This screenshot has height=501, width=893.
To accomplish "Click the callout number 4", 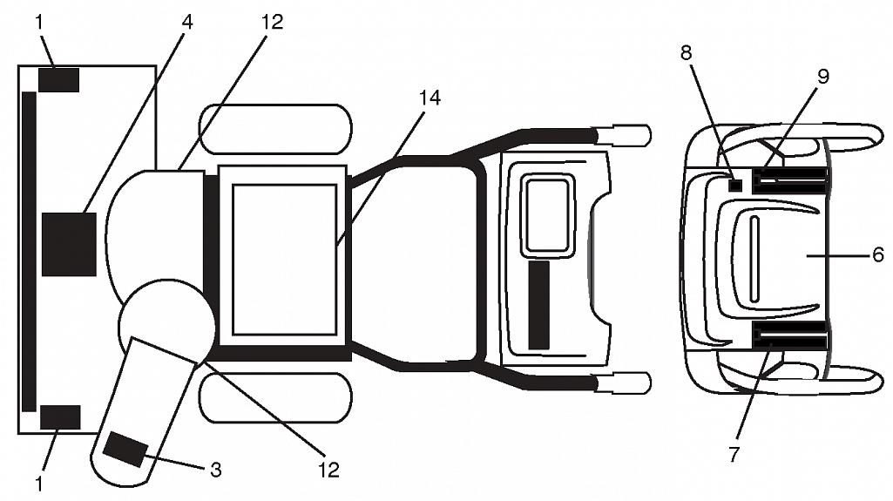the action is pyautogui.click(x=186, y=22).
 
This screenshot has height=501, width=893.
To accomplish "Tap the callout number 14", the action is pyautogui.click(x=430, y=98).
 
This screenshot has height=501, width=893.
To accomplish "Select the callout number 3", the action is pyautogui.click(x=216, y=471).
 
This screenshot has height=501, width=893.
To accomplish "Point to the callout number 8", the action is pyautogui.click(x=687, y=52).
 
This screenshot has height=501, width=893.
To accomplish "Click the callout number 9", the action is pyautogui.click(x=823, y=77).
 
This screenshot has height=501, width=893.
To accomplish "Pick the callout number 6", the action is pyautogui.click(x=877, y=254).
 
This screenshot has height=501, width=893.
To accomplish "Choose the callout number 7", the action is pyautogui.click(x=734, y=454).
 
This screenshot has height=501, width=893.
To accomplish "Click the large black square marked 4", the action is pyautogui.click(x=69, y=244).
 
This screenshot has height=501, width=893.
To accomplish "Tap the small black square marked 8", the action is pyautogui.click(x=736, y=185).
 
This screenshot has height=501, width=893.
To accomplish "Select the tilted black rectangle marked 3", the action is pyautogui.click(x=125, y=450).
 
